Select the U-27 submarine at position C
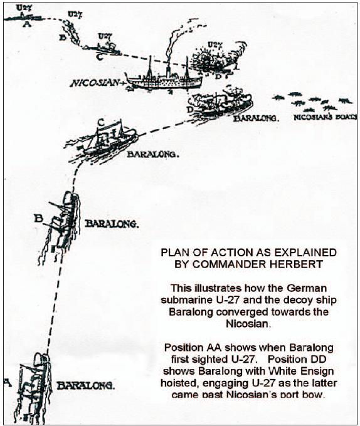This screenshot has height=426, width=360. [103, 46]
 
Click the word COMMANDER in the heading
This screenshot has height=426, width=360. [235, 263]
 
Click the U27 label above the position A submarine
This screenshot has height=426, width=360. [23, 8]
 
